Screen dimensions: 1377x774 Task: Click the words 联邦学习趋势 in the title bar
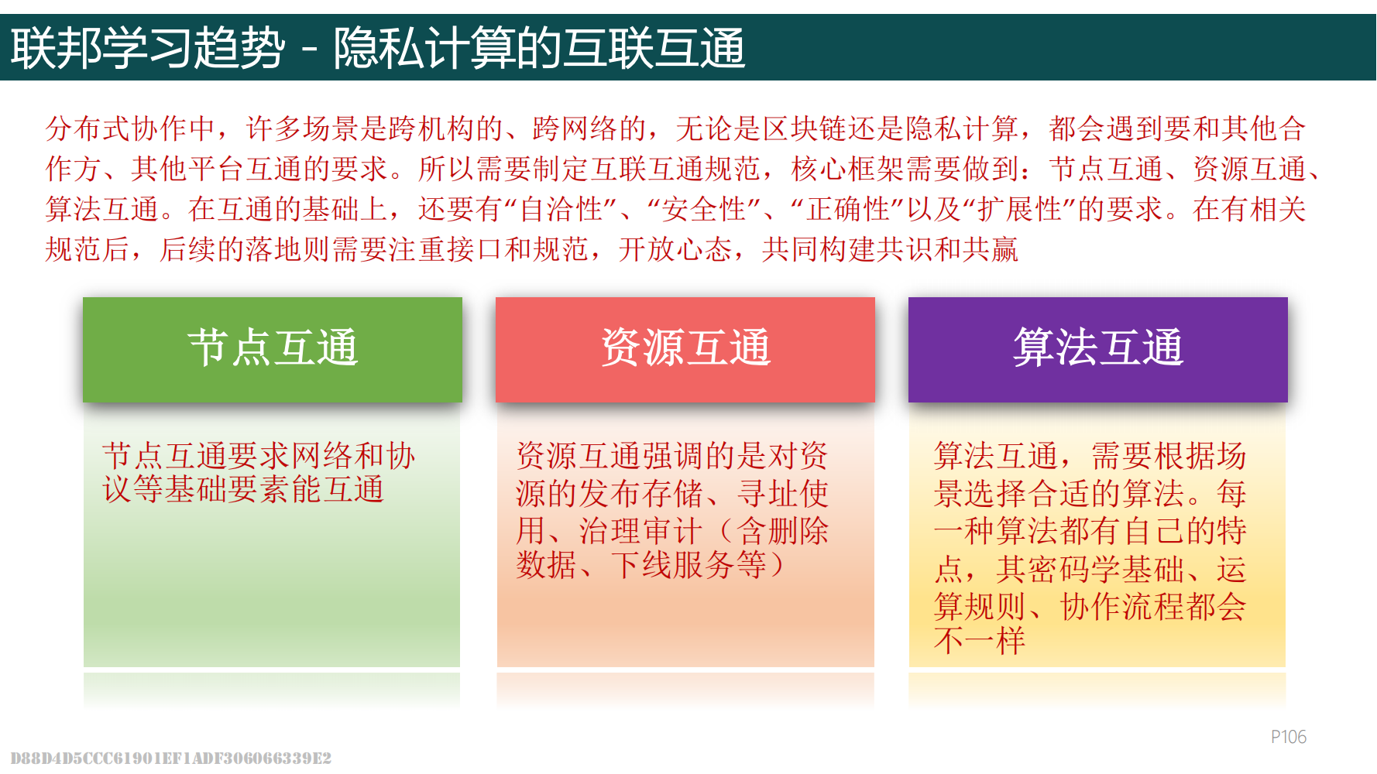pyautogui.click(x=148, y=48)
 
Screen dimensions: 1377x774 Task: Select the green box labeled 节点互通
pyautogui.click(x=273, y=349)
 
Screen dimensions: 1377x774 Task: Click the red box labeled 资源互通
pyautogui.click(x=685, y=349)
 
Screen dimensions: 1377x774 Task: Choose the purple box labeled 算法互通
pyautogui.click(x=1098, y=349)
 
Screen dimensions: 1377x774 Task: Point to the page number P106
pyautogui.click(x=1289, y=737)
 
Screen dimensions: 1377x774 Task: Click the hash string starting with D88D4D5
pyautogui.click(x=171, y=758)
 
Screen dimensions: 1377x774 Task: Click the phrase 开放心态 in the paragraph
pyautogui.click(x=675, y=249)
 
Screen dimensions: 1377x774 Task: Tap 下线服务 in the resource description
pyautogui.click(x=673, y=565)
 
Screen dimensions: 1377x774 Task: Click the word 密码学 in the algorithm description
pyautogui.click(x=1075, y=569)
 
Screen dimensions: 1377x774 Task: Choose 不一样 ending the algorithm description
pyautogui.click(x=980, y=641)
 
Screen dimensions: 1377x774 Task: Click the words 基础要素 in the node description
pyautogui.click(x=228, y=489)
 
